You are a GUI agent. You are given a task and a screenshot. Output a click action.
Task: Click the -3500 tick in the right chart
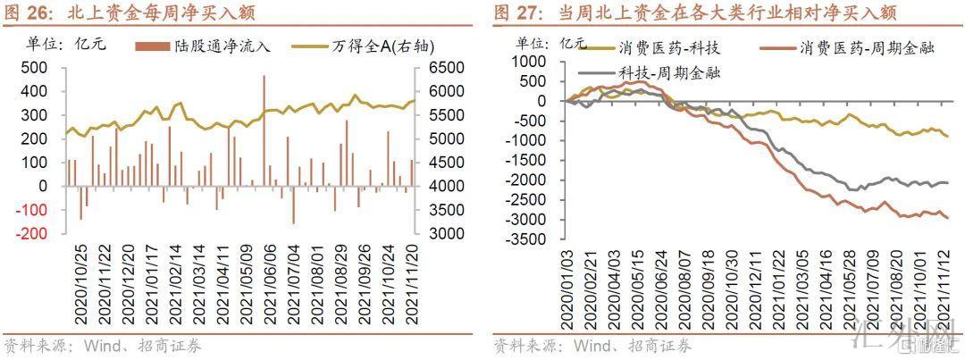click(x=525, y=240)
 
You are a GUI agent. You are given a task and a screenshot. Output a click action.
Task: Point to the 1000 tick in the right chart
click(x=528, y=61)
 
